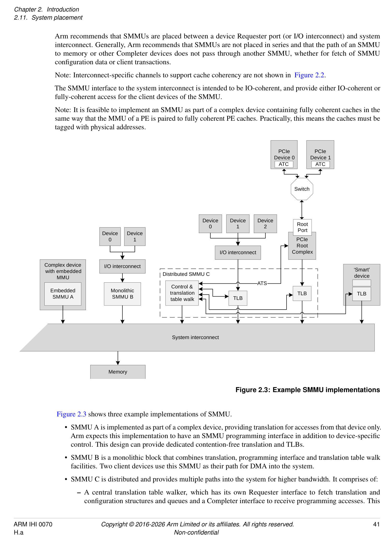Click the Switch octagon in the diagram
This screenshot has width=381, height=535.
(x=302, y=189)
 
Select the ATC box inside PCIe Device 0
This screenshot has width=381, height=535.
(x=284, y=164)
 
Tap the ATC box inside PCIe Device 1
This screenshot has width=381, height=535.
(x=320, y=164)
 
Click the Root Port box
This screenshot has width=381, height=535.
(x=302, y=227)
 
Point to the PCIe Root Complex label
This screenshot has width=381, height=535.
(x=302, y=246)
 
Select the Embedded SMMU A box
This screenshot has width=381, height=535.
(x=63, y=294)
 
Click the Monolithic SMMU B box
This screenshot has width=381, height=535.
(x=122, y=294)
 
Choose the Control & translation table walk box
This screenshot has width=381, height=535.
(x=182, y=293)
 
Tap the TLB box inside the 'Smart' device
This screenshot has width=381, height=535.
(x=361, y=294)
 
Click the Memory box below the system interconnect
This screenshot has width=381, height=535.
(x=118, y=372)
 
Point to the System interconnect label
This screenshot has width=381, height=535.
(x=195, y=337)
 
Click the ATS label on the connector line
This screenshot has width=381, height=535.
(x=262, y=283)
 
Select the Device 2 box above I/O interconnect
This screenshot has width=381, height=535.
(x=265, y=224)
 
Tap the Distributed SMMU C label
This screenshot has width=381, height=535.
(x=186, y=274)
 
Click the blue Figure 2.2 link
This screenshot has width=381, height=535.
(x=309, y=75)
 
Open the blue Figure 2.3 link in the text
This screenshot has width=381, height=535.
(x=71, y=414)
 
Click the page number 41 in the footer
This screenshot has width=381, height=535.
(x=376, y=524)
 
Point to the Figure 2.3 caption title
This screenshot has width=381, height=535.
(x=307, y=390)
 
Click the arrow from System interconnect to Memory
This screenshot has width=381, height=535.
(x=118, y=358)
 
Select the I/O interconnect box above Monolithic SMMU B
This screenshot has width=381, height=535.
(x=122, y=266)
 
